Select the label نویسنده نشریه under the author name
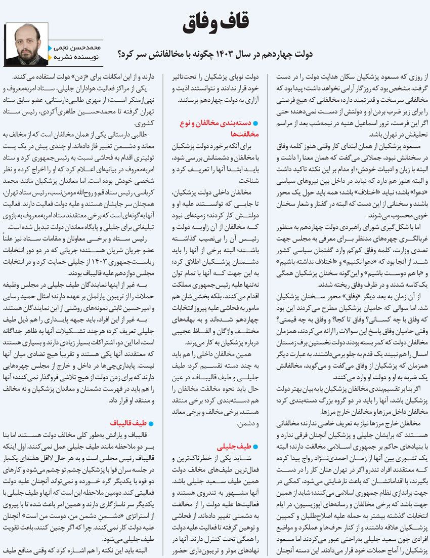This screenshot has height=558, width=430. click(x=75, y=57)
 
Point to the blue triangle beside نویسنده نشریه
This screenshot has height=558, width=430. click(x=50, y=57)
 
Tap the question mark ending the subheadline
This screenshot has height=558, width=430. click(x=120, y=53)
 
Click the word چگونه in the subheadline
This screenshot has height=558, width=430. click(x=198, y=53)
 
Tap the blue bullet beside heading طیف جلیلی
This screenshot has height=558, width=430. click(x=255, y=447)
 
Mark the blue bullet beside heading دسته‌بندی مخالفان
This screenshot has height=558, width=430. click(x=255, y=124)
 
